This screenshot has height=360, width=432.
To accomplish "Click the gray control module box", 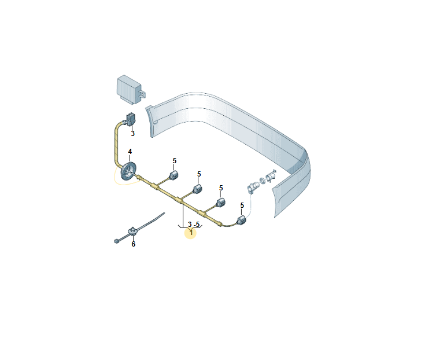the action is coord(129,89).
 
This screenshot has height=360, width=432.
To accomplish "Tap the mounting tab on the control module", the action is coord(143,94).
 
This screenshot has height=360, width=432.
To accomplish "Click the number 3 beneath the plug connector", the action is coord(133,134).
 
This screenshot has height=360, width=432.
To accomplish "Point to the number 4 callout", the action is coord(130,152).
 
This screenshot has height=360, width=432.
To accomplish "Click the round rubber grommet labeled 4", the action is coord(128,172).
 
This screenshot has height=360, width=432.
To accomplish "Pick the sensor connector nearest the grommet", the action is coord(173,175).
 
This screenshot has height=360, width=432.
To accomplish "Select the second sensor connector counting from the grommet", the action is coord(198,189).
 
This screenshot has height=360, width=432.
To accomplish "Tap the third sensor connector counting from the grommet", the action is coord(220,203).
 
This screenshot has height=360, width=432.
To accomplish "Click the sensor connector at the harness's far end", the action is coord(241,220).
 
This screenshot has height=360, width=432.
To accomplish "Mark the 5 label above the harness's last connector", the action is coord(242,205).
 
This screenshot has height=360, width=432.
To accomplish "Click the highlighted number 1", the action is coord(191,233).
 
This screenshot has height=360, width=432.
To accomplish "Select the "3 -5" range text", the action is coord(194,225).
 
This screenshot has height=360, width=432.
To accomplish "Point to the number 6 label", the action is coord(134,244).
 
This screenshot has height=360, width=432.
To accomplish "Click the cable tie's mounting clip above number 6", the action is coord(133,231).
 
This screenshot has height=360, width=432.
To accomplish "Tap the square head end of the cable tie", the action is coord(116,241).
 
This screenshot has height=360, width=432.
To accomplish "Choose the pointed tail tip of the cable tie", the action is coord(164,213).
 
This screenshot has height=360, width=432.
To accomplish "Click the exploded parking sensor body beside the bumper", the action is coord(253,188).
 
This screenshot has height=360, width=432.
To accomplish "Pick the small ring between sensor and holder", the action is coord(263,181).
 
